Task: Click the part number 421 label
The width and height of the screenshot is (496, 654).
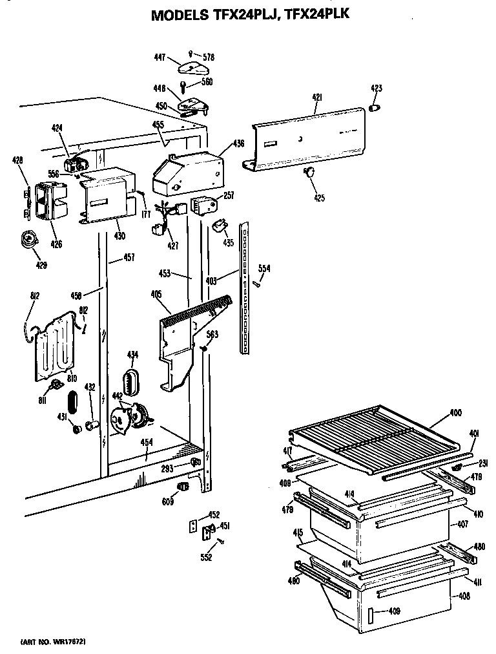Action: coord(316,97)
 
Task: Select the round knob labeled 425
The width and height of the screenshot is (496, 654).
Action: coord(308,171)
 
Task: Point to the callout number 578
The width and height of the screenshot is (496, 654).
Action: coord(208,58)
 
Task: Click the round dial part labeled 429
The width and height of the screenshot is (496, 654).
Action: coord(28,239)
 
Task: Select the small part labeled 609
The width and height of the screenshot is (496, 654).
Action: coord(183,486)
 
